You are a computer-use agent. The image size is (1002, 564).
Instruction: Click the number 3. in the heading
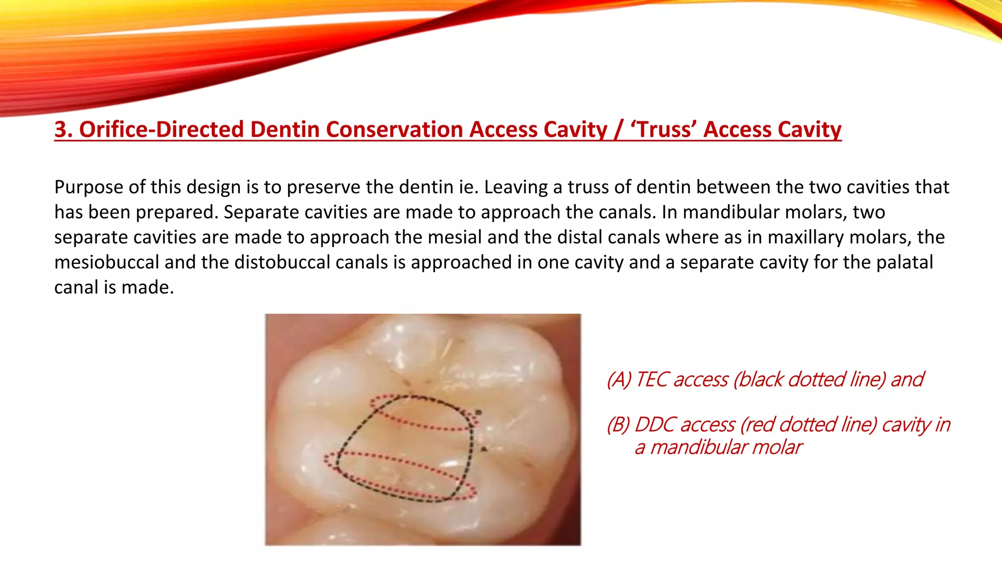click(x=64, y=130)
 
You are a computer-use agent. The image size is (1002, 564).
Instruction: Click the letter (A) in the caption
click(x=619, y=380)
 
